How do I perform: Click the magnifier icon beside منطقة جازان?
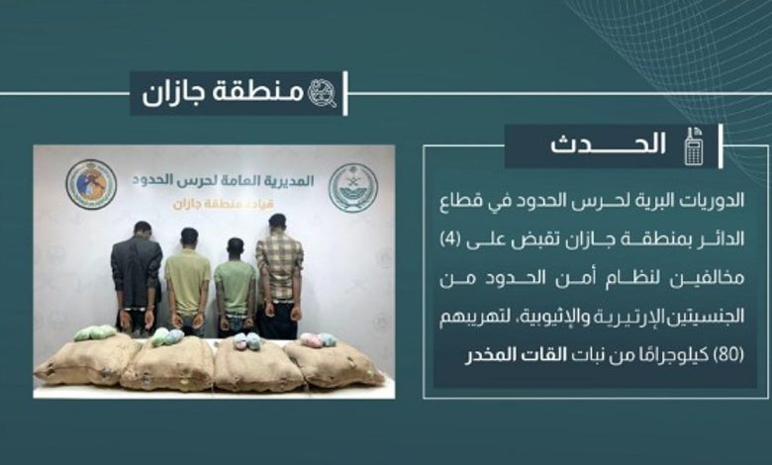[x=323, y=93]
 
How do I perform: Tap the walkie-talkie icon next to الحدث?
[x=694, y=146]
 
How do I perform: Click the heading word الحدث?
[x=609, y=144]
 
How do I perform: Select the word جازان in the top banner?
[x=166, y=93]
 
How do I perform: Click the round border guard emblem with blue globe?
[x=91, y=184]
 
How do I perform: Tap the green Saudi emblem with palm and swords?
[x=353, y=187]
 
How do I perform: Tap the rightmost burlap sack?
[x=335, y=363]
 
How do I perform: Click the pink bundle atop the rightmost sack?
[x=311, y=339]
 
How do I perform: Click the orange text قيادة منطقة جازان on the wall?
[x=223, y=204]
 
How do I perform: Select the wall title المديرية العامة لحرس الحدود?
[x=223, y=180]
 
